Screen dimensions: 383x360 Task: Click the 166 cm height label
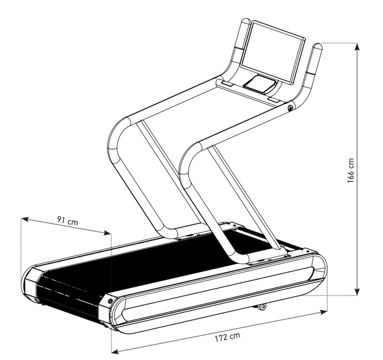351,170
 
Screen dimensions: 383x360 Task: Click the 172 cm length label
227,338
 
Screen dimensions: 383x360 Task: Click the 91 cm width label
68,220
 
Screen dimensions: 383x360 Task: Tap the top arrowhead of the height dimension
357,47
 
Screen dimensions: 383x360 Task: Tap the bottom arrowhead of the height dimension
357,292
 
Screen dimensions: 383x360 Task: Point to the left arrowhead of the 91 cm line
25,219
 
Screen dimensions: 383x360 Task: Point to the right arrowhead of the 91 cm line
108,233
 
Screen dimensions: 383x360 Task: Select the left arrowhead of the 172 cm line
115,351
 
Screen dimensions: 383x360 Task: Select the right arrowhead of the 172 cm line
324,312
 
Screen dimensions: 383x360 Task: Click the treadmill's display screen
273,52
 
